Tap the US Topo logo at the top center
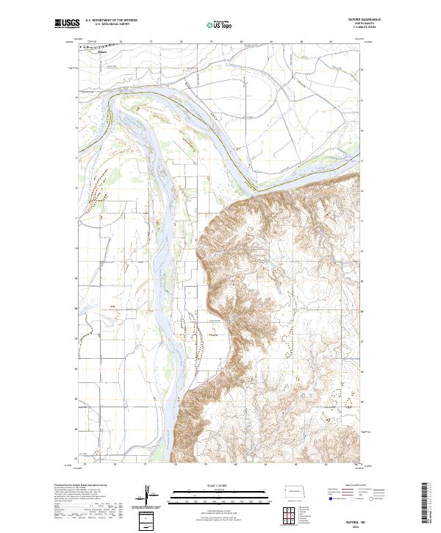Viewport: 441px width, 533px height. click(x=220, y=24)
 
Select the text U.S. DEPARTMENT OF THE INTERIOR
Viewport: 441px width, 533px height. click(x=111, y=21)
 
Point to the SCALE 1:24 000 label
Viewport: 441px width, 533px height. click(x=220, y=485)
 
